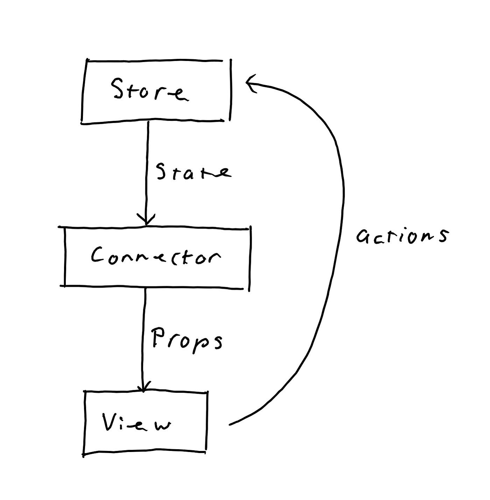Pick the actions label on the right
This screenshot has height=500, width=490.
(402, 236)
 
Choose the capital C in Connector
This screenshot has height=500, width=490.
(98, 255)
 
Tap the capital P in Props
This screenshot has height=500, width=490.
(159, 337)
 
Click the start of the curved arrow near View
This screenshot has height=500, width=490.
(231, 424)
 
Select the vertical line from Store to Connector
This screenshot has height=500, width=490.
(147, 168)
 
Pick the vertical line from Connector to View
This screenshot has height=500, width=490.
(143, 336)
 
